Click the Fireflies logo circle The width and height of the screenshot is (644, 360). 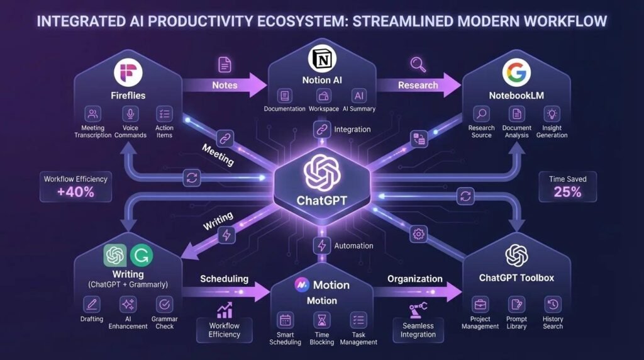point(128,73)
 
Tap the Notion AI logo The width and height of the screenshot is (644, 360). point(322,59)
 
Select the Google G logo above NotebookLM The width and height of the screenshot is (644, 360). point(516,72)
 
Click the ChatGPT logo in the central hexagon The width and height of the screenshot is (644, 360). point(322,172)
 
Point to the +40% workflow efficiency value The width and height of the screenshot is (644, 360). point(75,192)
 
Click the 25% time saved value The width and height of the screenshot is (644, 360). point(568,192)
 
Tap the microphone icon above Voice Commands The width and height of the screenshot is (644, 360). point(130,114)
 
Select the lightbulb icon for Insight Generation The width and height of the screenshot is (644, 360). point(552,114)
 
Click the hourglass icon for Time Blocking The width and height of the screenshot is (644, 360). point(321,320)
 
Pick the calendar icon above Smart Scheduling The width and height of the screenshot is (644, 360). point(285,320)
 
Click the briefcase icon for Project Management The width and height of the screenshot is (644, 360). point(480,305)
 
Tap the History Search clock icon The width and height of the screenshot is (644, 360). point(553,305)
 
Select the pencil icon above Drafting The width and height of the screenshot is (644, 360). point(92,305)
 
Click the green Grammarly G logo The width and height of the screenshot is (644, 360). point(142,256)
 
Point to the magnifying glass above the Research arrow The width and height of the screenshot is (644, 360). point(418,65)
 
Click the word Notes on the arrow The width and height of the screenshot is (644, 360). point(225,85)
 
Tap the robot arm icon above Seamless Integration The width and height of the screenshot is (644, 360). point(418,310)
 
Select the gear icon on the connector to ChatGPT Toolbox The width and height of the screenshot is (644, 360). point(418,234)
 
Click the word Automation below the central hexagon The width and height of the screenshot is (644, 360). point(353,245)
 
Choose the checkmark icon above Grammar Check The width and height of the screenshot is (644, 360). point(164,305)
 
